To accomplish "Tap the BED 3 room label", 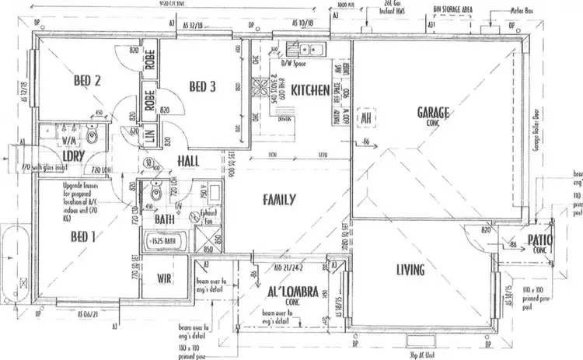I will tap(201, 86).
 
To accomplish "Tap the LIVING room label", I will tap(410, 270).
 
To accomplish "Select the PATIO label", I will tap(537, 242).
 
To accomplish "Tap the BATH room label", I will tap(163, 220).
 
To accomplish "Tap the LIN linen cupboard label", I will tap(149, 137).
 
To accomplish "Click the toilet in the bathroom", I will tap(157, 191).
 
